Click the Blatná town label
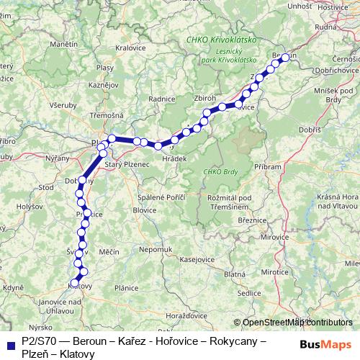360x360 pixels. tap(235, 274)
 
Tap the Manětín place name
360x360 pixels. tap(64, 45)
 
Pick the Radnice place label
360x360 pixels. tap(161, 99)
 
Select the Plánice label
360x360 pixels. tap(126, 288)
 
